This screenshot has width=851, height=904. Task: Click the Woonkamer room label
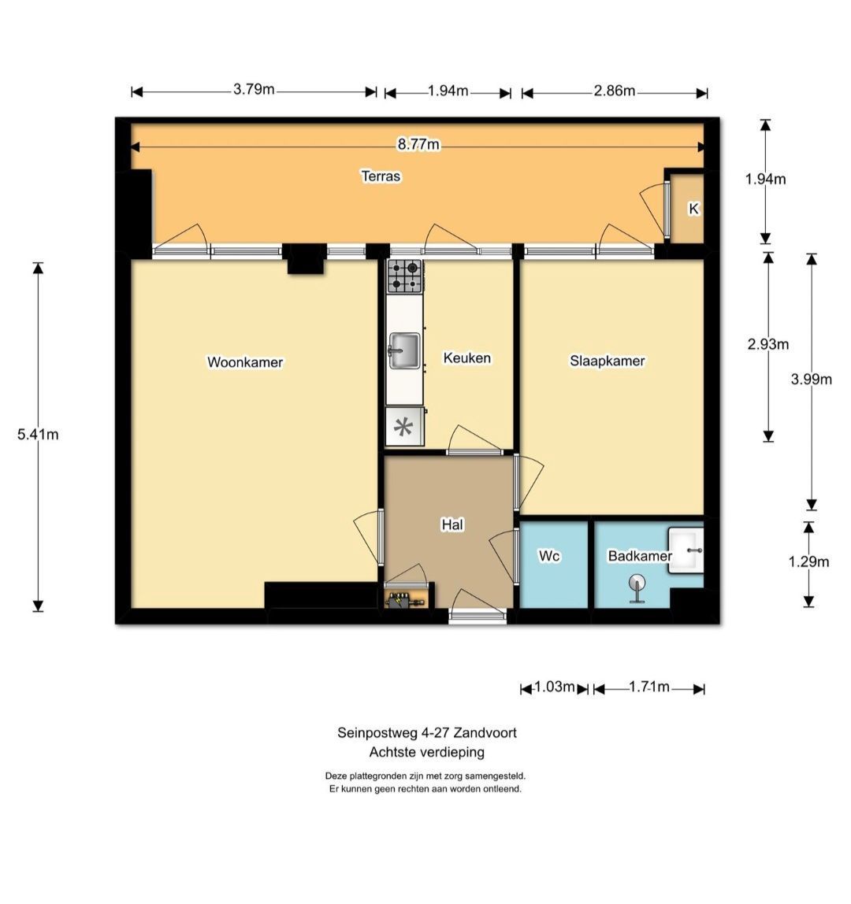click(x=245, y=362)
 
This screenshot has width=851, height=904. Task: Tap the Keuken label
click(x=466, y=358)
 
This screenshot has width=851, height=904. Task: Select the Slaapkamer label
click(x=607, y=361)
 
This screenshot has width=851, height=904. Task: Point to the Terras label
click(x=381, y=176)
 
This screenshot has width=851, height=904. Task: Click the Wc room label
click(x=548, y=556)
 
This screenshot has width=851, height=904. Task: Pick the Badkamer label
click(x=640, y=556)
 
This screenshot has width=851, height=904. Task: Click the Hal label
click(x=452, y=524)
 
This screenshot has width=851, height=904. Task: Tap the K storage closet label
click(x=693, y=209)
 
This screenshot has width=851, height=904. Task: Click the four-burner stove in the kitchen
click(x=404, y=276)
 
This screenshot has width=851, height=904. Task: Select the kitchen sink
click(x=404, y=350)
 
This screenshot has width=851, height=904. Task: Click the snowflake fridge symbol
click(x=403, y=428)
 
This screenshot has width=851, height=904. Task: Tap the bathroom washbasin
click(x=686, y=550)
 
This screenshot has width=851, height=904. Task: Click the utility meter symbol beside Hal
click(x=404, y=601)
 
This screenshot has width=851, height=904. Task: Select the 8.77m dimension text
click(x=418, y=144)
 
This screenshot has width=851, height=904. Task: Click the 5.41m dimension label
click(x=38, y=434)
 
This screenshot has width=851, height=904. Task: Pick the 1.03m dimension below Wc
click(x=554, y=687)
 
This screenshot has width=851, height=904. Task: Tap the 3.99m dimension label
click(x=811, y=379)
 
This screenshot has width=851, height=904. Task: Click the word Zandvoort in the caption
click(x=485, y=733)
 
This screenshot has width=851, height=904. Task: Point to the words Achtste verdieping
click(x=427, y=752)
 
